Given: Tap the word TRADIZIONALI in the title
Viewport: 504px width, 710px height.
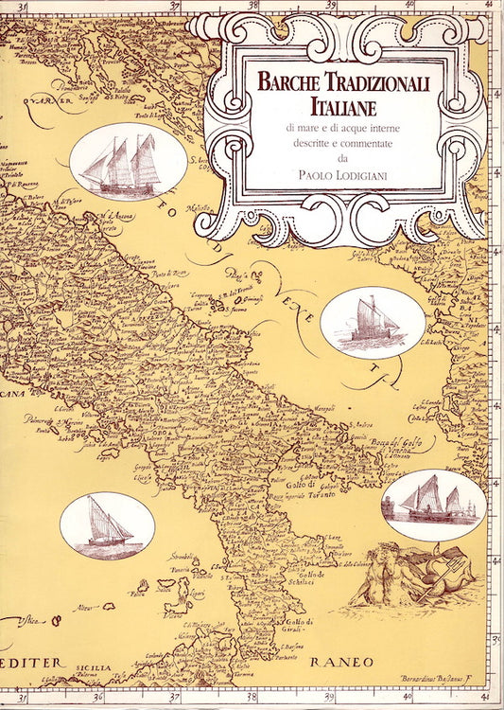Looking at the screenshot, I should coord(385,82).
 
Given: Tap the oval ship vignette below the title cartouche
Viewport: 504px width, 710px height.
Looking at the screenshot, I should coord(372,322).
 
